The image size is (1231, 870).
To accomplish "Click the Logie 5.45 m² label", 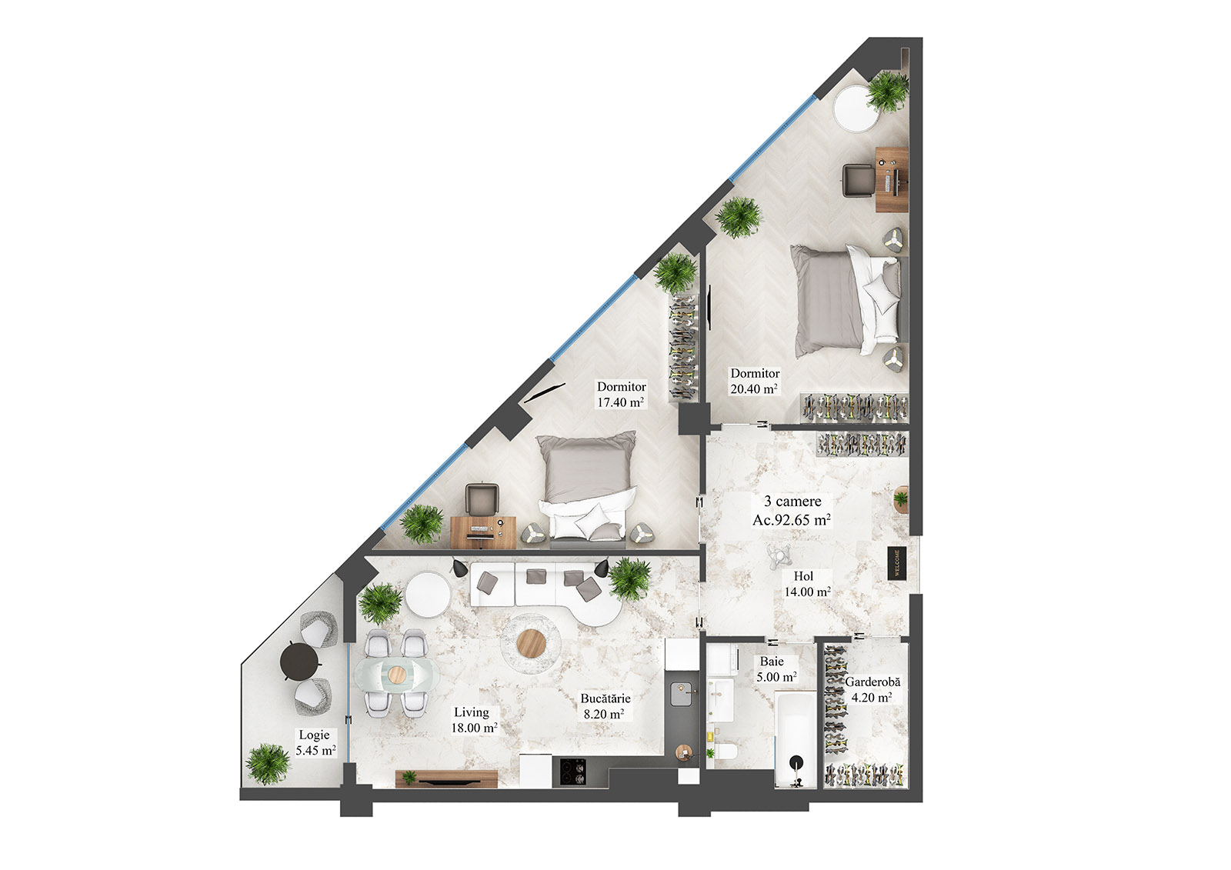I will [315, 742].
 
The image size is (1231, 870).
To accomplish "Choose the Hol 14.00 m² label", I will [806, 584].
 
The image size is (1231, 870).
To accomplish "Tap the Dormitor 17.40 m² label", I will [620, 395].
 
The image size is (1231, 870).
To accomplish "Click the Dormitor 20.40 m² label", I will [754, 382].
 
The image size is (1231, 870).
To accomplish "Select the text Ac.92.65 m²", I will [791, 520].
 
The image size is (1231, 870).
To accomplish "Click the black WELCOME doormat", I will [896, 562].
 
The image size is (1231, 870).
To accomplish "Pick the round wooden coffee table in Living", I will [531, 642].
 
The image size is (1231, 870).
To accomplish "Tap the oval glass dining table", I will [396, 674].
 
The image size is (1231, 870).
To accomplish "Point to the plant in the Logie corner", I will [268, 762].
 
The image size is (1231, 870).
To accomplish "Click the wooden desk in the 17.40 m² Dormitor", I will [483, 530].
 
